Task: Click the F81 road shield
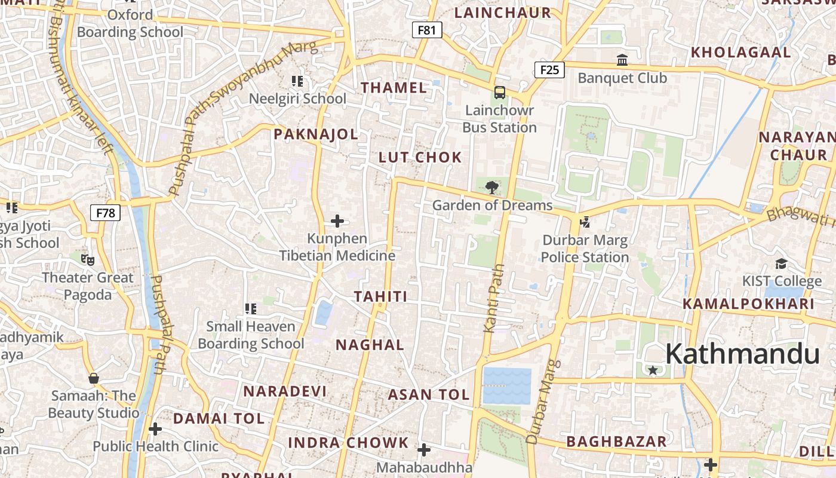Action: pyautogui.click(x=427, y=30)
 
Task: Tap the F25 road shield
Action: pyautogui.click(x=549, y=70)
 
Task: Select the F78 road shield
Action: pyautogui.click(x=105, y=213)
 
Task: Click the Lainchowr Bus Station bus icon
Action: pyautogui.click(x=500, y=93)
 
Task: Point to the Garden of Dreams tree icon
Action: pyautogui.click(x=492, y=188)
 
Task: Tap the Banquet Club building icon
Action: pyautogui.click(x=622, y=60)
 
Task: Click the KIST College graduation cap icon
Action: pyautogui.click(x=781, y=263)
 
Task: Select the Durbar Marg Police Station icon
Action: pyautogui.click(x=585, y=222)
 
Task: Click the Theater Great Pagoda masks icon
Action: pyautogui.click(x=88, y=259)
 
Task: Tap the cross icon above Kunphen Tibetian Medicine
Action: pyautogui.click(x=337, y=221)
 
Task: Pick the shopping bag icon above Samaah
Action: pyautogui.click(x=93, y=378)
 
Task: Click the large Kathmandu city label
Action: pyautogui.click(x=742, y=354)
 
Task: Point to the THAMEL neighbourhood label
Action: pyautogui.click(x=394, y=88)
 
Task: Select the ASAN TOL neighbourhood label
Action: pyautogui.click(x=429, y=395)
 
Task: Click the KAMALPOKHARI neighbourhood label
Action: pyautogui.click(x=749, y=304)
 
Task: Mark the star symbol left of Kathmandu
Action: pyautogui.click(x=653, y=370)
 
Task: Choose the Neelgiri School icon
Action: pyautogui.click(x=297, y=81)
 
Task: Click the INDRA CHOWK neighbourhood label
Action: pyautogui.click(x=348, y=443)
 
